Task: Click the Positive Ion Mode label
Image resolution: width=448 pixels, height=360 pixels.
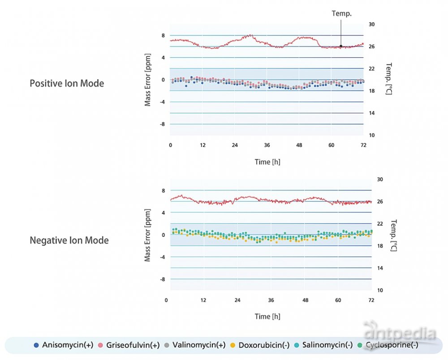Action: point(67,83)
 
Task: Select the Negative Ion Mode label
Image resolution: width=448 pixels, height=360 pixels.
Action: point(69,240)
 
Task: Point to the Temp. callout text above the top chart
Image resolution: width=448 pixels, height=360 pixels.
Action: point(341,13)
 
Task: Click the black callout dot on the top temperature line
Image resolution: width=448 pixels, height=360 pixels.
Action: point(341,46)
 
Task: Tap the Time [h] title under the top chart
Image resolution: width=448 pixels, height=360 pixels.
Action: point(267,162)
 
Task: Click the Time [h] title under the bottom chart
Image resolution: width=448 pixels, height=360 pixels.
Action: point(267,317)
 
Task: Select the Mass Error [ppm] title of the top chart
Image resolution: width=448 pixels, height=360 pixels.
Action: point(147,80)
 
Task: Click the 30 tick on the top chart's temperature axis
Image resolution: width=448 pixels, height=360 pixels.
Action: point(372,25)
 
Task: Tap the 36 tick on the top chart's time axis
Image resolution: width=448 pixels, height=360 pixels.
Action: point(267,145)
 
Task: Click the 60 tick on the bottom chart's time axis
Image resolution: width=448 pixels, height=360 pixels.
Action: point(338,300)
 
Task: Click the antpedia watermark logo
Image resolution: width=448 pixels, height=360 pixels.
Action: point(400,334)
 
